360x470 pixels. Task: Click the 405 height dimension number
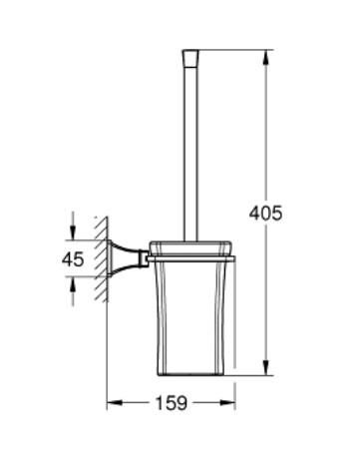[x=266, y=212]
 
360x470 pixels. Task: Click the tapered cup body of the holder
[x=190, y=319]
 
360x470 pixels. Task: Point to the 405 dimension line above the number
[x=266, y=130]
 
